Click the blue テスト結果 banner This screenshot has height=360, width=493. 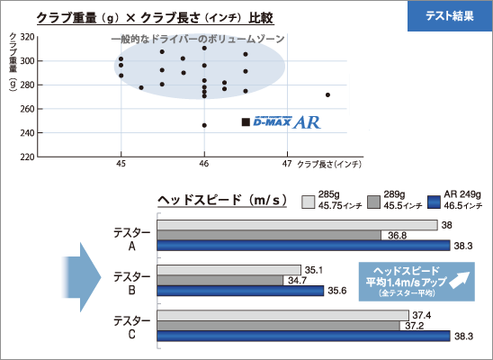[x=450, y=15]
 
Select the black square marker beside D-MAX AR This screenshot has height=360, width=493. [x=246, y=122]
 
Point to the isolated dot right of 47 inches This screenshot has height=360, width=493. [x=327, y=95]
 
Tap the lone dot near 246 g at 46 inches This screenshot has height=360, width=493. [x=204, y=125]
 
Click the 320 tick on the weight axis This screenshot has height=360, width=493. [x=27, y=37]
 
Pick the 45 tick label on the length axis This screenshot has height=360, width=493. [x=121, y=164]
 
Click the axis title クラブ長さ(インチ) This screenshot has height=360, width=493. [x=329, y=164]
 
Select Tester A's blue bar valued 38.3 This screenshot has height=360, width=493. [x=304, y=246]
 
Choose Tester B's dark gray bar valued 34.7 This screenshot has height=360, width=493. [x=220, y=281]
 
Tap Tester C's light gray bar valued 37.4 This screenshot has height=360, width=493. [x=283, y=315]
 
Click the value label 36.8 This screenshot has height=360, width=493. [x=397, y=236]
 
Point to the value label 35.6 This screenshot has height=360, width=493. [x=337, y=291]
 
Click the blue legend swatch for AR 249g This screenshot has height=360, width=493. [x=434, y=202]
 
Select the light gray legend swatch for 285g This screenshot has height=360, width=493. [x=308, y=202]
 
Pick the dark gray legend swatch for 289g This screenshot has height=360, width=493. [x=374, y=202]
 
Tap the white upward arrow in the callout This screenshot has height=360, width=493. [x=460, y=280]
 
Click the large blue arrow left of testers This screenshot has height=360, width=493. [x=82, y=277]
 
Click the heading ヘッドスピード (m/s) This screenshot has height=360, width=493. [x=222, y=200]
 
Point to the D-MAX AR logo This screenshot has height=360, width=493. [x=287, y=122]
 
